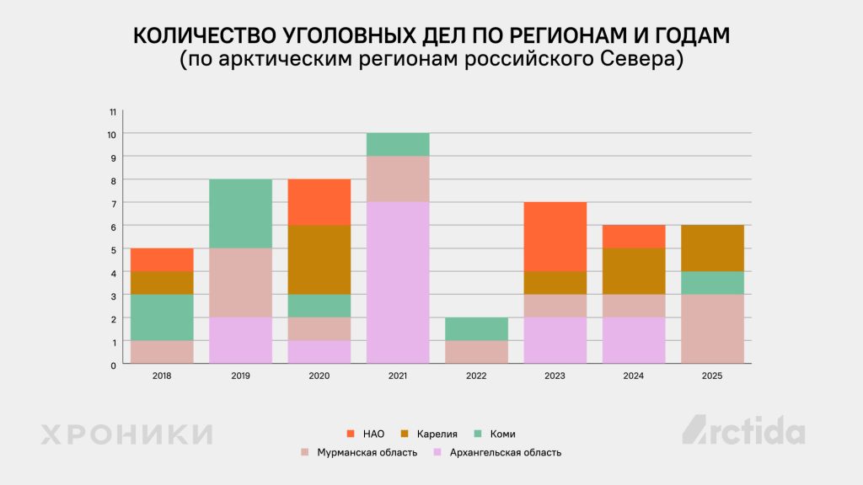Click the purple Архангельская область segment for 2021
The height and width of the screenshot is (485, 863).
pos(398,282)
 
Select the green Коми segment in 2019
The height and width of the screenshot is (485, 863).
pos(240,214)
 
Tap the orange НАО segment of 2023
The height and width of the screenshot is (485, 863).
pos(555,237)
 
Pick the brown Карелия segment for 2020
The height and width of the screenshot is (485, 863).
pos(319,259)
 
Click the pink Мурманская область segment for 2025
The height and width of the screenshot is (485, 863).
pos(712,328)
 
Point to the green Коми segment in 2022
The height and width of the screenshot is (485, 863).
pos(476,328)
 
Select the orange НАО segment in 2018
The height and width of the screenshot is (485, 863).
pos(162,259)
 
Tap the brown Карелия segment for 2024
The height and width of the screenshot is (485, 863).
pos(634,271)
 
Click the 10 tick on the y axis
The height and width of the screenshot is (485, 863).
pos(111,134)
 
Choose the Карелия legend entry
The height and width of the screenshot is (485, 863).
pos(430,434)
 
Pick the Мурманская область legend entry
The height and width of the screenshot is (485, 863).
pos(359,452)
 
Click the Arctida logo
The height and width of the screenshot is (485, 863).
pos(742,430)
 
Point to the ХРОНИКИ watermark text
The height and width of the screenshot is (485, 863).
pos(126,434)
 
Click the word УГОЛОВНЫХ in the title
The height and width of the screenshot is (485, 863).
pos(340,37)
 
